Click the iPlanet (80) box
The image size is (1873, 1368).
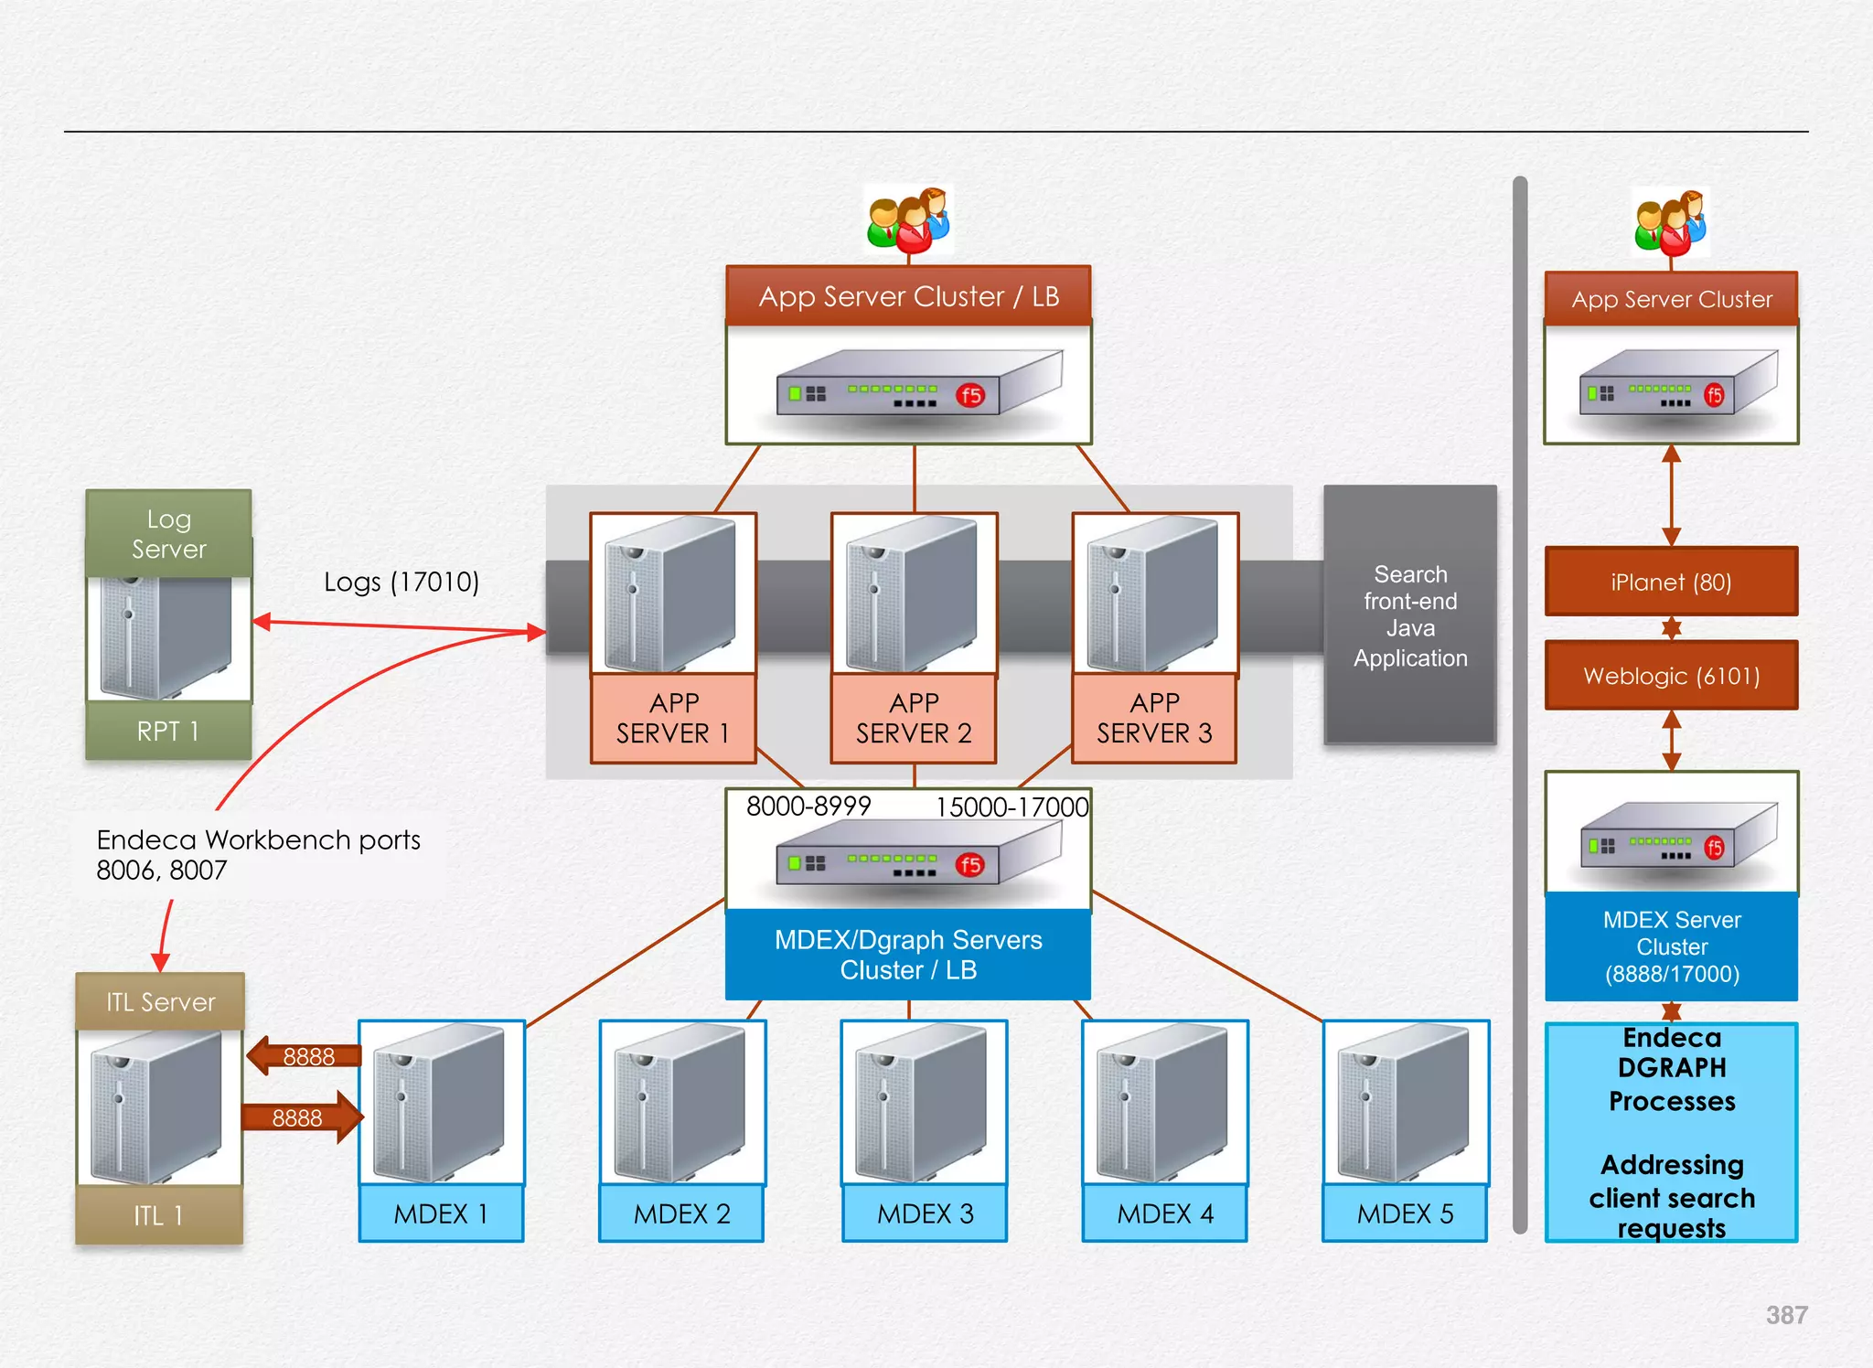[x=1671, y=582]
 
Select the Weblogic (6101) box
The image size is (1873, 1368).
[x=1671, y=676]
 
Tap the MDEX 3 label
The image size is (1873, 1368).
[x=925, y=1213]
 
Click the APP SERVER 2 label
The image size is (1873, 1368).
[x=914, y=719]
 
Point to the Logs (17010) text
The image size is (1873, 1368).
[x=401, y=582]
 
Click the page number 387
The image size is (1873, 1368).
[x=1785, y=1315]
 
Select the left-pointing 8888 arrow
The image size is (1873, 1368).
[x=304, y=1056]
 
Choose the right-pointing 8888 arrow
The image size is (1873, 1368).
[x=302, y=1117]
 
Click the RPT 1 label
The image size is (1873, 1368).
[x=168, y=731]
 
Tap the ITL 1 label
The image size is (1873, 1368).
[x=159, y=1215]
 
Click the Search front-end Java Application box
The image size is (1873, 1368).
[x=1409, y=615]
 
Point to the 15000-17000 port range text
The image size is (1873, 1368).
[x=1011, y=807]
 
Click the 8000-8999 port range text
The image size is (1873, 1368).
[x=808, y=806]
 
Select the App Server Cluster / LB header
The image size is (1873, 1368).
[x=908, y=296]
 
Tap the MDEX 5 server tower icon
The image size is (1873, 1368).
[x=1405, y=1102]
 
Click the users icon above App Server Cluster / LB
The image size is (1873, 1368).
[x=908, y=220]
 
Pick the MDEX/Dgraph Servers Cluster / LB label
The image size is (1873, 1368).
[x=908, y=955]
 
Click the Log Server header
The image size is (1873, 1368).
[x=168, y=533]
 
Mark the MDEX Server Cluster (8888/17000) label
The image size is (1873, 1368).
[x=1671, y=946]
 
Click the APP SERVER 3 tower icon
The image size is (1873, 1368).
[x=1154, y=594]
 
